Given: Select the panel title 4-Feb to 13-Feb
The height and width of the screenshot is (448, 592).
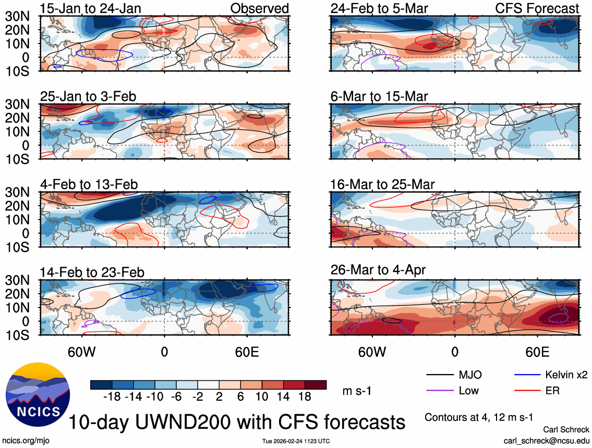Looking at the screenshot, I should [x=89, y=184].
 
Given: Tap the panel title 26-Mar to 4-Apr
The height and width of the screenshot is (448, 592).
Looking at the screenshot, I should [x=378, y=270].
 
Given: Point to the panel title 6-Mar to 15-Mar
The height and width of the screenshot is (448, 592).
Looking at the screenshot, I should [x=379, y=96].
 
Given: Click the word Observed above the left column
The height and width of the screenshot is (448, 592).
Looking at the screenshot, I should [x=259, y=8].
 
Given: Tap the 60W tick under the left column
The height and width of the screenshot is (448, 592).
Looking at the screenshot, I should [x=82, y=352].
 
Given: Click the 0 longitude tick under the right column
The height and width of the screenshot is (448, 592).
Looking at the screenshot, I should [x=455, y=352].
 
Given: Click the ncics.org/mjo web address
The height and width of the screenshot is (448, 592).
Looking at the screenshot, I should [x=24, y=441].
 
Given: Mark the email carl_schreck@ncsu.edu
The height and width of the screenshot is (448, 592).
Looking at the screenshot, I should [x=546, y=441].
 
